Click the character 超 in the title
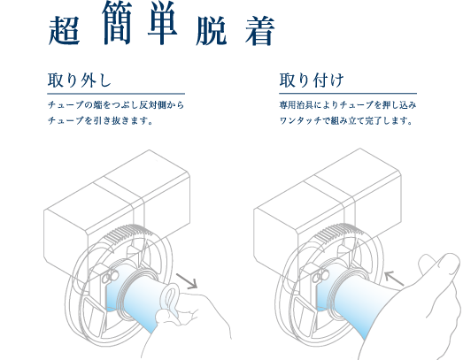pyautogui.click(x=64, y=31)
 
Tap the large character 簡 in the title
pyautogui.click(x=117, y=23)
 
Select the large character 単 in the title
pyautogui.click(x=163, y=23)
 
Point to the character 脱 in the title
pyautogui.click(x=212, y=31)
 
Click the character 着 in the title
pyautogui.click(x=260, y=31)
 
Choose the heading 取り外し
pyautogui.click(x=80, y=80)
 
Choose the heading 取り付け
pyautogui.click(x=312, y=80)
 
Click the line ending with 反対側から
pyautogui.click(x=116, y=105)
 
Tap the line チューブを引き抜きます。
pyautogui.click(x=100, y=120)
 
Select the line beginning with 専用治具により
pyautogui.click(x=348, y=105)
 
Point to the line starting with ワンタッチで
pyautogui.click(x=345, y=120)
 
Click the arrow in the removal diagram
pyautogui.click(x=187, y=281)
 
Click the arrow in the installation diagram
pyautogui.click(x=394, y=279)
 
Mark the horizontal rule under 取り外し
pyautogui.click(x=116, y=94)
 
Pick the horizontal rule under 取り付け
pyautogui.click(x=348, y=94)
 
